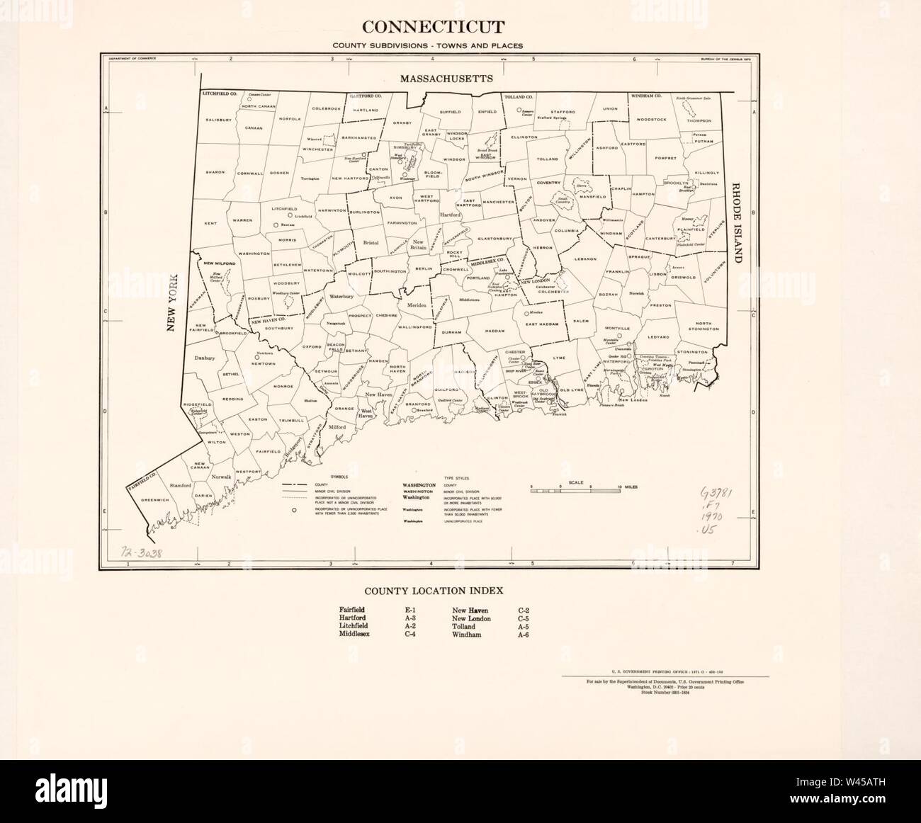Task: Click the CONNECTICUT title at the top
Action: [x=434, y=28]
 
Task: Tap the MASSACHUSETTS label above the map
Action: [x=446, y=79]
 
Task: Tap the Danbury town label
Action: [x=204, y=359]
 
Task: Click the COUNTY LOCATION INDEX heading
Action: [x=434, y=590]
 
